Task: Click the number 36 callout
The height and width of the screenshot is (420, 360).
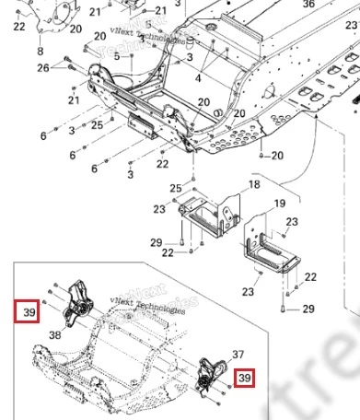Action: click(308, 5)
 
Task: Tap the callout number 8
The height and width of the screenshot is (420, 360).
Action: click(40, 52)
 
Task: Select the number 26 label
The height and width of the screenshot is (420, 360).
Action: click(43, 68)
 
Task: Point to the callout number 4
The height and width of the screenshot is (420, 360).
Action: click(196, 80)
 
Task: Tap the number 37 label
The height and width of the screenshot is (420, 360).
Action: click(239, 354)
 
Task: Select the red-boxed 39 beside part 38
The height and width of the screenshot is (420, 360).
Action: click(29, 311)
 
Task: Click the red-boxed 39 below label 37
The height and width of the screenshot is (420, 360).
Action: click(245, 377)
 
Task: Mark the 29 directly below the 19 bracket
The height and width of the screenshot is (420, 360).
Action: click(308, 309)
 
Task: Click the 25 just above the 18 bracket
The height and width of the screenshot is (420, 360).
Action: click(175, 189)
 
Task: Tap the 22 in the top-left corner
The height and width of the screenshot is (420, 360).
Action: click(19, 27)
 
